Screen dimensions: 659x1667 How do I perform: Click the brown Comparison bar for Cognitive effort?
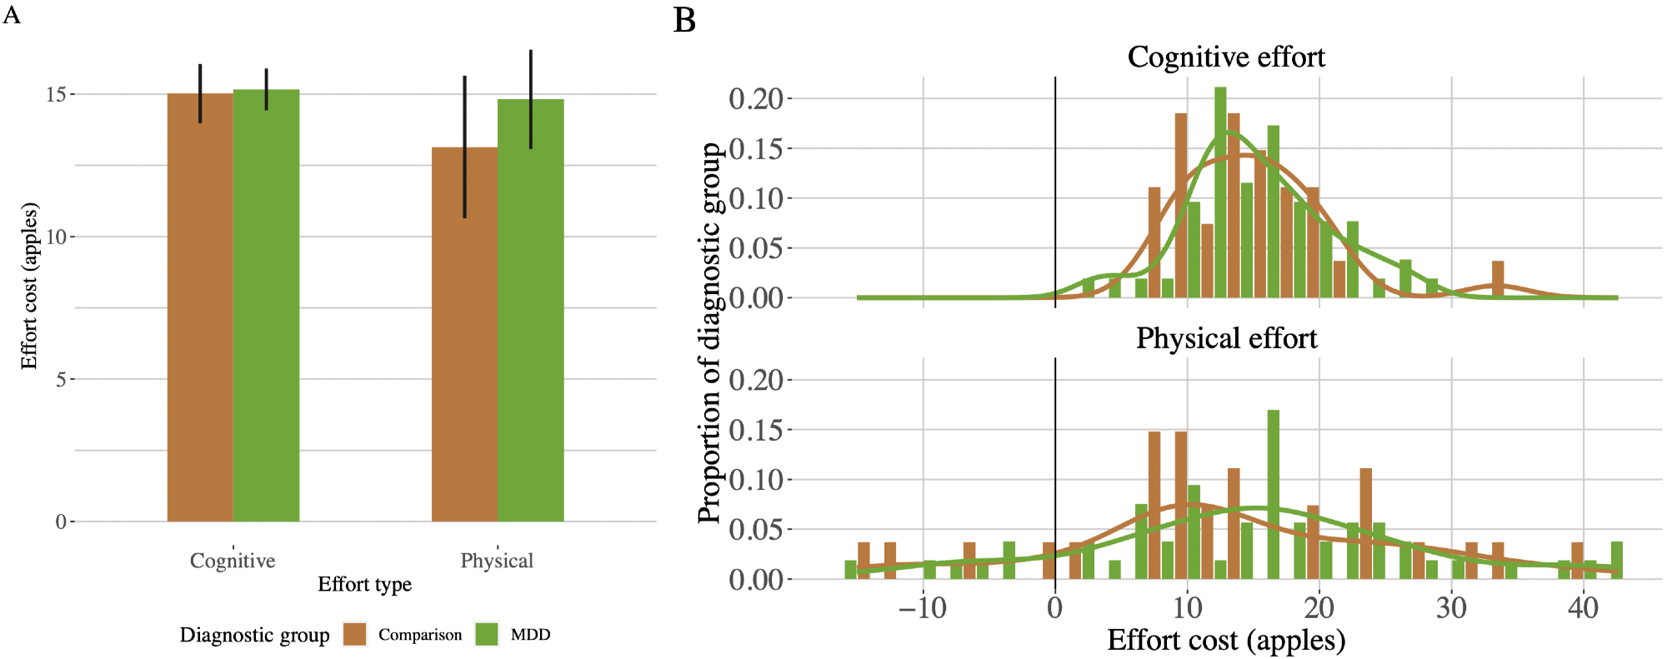tap(200, 308)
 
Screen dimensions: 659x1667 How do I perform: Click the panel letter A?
tap(12, 14)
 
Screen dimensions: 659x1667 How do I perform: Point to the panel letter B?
tap(684, 21)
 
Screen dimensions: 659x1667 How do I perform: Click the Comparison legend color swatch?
tap(355, 635)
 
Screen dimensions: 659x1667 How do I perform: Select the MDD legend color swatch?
tap(487, 635)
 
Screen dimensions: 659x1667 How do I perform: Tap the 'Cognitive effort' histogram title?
tap(1225, 57)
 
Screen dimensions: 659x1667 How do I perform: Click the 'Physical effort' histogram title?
tap(1226, 338)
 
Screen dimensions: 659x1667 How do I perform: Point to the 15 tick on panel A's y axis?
tap(56, 94)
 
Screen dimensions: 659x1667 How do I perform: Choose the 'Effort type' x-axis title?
tap(364, 585)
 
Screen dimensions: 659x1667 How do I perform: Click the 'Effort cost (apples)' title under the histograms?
tap(1226, 641)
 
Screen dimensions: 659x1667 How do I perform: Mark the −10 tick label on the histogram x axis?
tap(923, 608)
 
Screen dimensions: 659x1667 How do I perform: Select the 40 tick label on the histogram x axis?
tap(1583, 608)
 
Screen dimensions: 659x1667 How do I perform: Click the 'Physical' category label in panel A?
tap(497, 561)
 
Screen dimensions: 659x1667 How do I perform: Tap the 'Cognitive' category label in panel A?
tap(233, 561)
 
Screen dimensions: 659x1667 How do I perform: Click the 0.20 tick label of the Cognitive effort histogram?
tap(756, 98)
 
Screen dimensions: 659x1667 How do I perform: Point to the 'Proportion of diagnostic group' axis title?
tap(709, 333)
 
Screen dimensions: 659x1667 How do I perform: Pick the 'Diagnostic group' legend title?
tap(254, 636)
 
